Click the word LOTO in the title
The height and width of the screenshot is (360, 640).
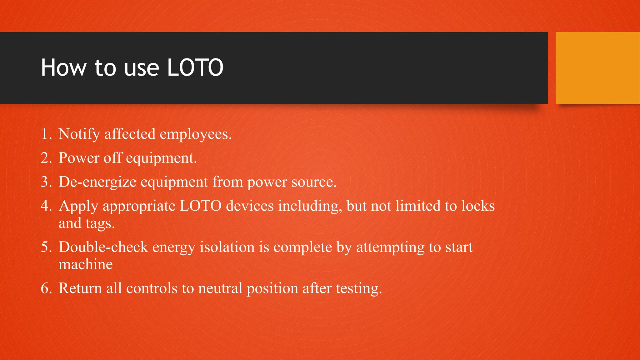point(195,67)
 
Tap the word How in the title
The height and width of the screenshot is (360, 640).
point(64,67)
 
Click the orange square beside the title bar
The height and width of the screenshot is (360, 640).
point(597,67)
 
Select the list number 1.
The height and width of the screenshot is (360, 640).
point(46,134)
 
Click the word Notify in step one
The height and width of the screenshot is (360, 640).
point(79,134)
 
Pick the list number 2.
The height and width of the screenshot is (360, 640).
point(46,158)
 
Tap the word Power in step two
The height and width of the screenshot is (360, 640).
point(79,158)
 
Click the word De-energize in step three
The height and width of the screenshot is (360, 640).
point(97,182)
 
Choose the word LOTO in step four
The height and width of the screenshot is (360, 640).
point(201,206)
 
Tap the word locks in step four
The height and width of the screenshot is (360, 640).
point(478,206)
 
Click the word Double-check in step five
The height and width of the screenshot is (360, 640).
point(103,247)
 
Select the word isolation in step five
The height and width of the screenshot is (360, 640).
point(227,247)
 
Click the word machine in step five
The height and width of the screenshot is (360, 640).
point(86,265)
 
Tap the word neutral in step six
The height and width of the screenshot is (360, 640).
point(220,288)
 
